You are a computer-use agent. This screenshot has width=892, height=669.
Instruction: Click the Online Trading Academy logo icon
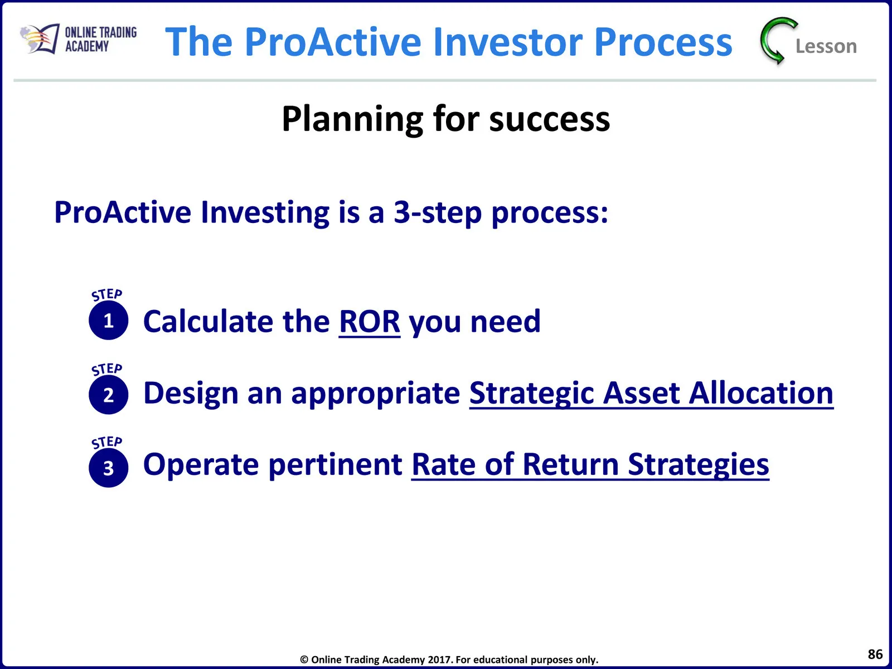coord(40,38)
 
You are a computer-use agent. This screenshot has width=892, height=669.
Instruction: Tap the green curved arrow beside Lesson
coord(774,41)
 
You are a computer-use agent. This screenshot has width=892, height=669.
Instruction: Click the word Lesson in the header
coord(826,46)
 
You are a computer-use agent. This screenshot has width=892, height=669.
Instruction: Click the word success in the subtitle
coord(550,120)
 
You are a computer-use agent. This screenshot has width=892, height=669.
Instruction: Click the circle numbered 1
coord(109,321)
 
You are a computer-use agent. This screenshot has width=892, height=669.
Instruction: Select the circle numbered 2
coord(109,394)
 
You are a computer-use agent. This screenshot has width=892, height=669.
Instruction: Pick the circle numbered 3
coord(109,468)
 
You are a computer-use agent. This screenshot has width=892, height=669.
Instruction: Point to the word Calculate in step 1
coord(207,321)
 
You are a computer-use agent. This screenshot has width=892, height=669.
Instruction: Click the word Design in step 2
coord(191,394)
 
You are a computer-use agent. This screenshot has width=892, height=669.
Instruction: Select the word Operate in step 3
coord(201,466)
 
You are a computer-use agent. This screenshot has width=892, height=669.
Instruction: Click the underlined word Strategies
coord(698,466)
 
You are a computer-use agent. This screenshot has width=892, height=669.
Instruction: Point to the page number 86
coord(875,654)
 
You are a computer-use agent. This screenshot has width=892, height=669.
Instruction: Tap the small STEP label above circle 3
coord(107,442)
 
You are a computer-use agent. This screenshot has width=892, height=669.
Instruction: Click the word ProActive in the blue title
coord(333,42)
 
